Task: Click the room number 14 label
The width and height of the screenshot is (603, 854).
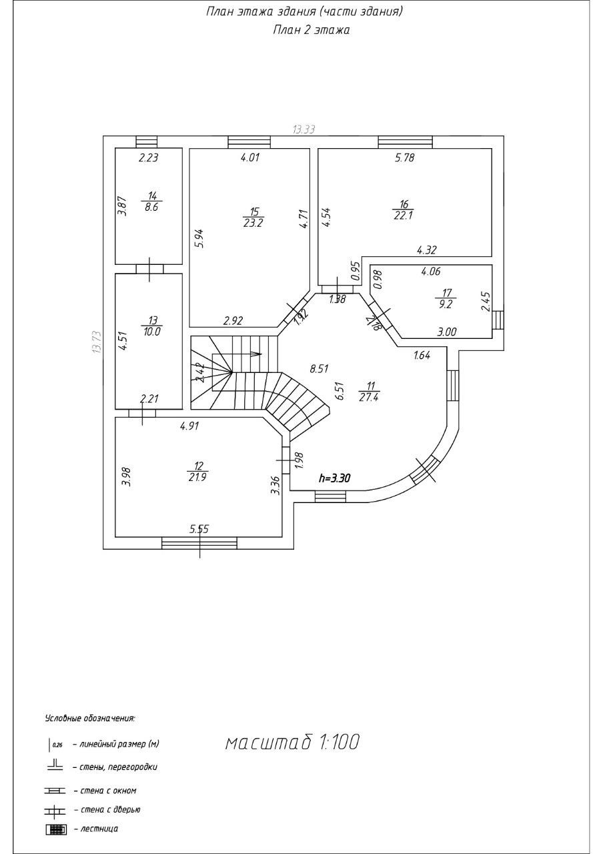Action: click(153, 195)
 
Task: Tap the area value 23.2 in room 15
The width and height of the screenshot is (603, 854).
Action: click(253, 224)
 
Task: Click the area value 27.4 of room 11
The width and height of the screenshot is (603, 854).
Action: click(367, 396)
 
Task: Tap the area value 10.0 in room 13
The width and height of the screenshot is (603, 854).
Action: click(151, 330)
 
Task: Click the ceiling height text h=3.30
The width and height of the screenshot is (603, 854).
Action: click(335, 478)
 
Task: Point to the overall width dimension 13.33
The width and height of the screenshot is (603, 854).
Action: click(304, 129)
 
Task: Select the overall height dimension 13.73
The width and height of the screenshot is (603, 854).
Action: click(97, 342)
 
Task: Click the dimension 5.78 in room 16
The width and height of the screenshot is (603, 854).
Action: click(405, 158)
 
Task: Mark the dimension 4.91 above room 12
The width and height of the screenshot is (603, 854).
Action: click(189, 425)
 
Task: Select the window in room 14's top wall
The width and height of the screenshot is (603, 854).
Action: click(146, 141)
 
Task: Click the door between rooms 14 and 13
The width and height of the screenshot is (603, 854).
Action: click(149, 269)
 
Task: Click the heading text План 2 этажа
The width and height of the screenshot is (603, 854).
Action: click(312, 30)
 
